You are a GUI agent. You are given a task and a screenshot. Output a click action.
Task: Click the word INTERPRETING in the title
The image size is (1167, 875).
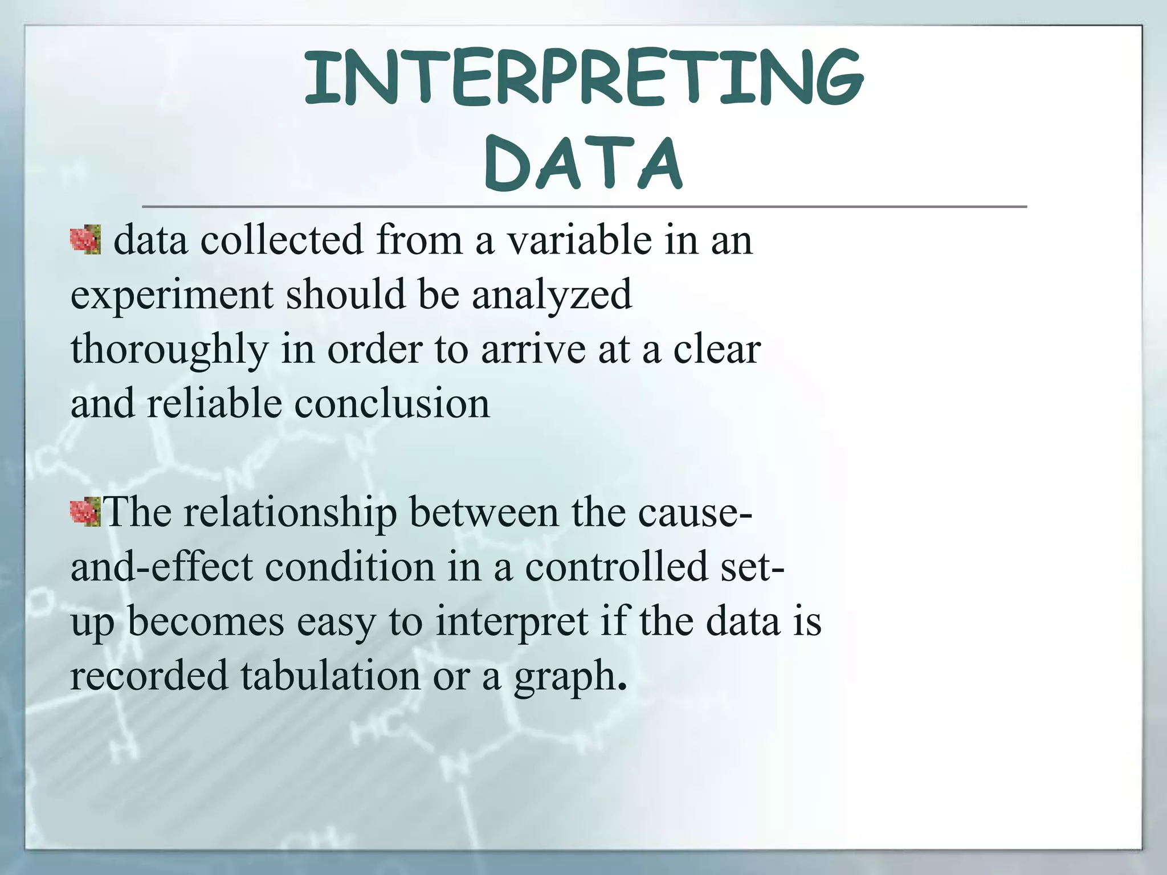583,78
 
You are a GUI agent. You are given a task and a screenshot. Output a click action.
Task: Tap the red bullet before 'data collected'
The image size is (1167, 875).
85,240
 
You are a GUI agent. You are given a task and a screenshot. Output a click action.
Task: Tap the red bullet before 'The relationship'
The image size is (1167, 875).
85,511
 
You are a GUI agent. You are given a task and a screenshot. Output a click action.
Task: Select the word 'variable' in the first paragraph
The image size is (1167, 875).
579,240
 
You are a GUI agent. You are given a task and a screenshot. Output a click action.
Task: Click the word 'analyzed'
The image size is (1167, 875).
552,295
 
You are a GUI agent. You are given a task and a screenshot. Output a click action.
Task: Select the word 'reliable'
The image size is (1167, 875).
214,403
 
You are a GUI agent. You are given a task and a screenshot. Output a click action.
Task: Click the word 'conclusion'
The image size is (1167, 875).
392,403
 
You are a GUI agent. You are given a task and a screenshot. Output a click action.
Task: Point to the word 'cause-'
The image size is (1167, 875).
695,512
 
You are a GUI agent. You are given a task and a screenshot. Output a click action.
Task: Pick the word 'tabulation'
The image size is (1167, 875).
330,676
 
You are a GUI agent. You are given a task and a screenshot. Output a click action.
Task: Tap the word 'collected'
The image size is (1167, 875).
281,240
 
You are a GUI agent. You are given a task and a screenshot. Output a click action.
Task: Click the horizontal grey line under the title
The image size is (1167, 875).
583,206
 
